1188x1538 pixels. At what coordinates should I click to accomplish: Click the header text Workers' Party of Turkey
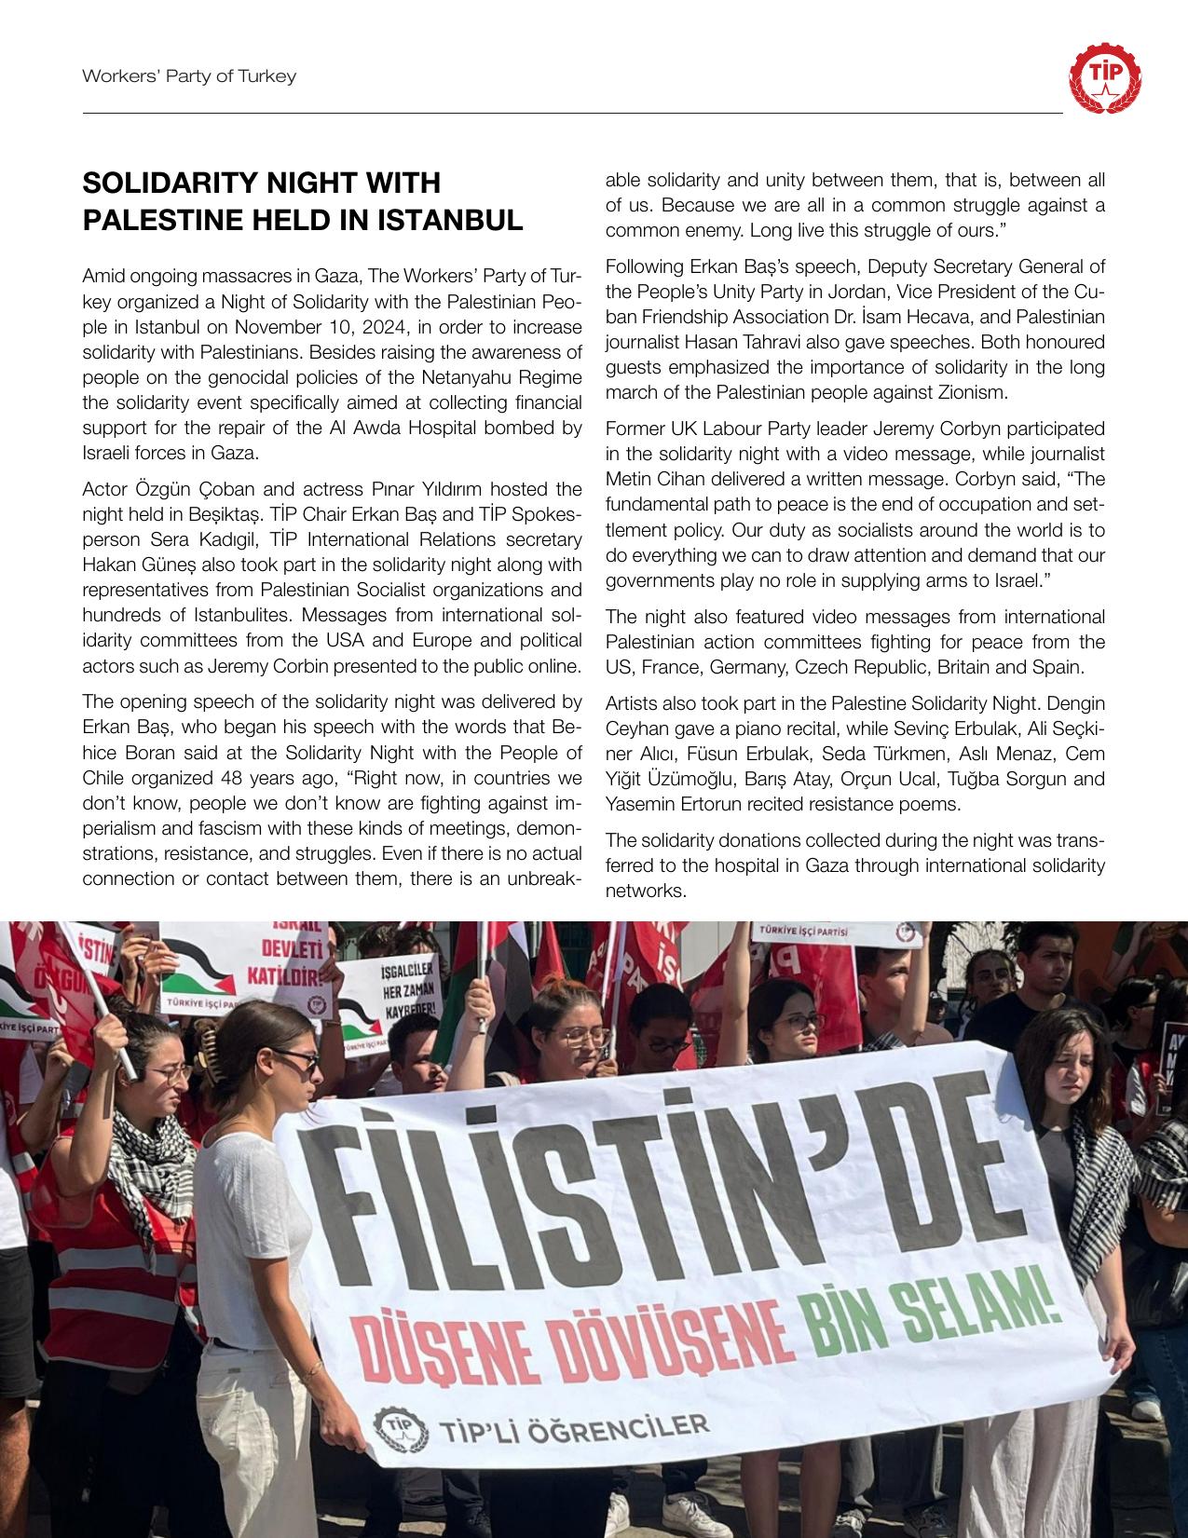coord(189,76)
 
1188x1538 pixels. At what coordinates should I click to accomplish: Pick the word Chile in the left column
coord(102,778)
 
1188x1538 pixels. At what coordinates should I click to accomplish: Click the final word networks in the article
coord(645,891)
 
